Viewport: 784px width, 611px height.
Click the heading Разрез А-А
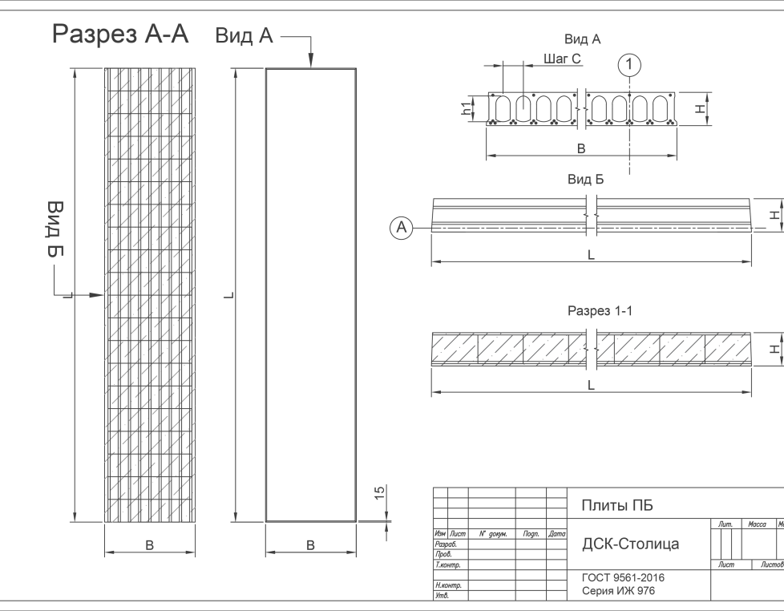(x=120, y=34)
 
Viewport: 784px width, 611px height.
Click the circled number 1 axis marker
(x=631, y=63)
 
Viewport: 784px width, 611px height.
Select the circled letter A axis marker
(x=402, y=229)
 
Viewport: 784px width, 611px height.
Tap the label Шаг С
(x=562, y=59)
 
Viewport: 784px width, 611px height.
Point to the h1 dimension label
(x=467, y=108)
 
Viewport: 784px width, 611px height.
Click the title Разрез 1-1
(x=600, y=310)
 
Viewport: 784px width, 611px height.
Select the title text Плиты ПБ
(x=616, y=505)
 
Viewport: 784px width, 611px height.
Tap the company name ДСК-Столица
(x=629, y=544)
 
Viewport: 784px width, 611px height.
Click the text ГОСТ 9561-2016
(x=622, y=577)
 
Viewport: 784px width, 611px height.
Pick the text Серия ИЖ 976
(x=618, y=591)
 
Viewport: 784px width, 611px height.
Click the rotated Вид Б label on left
(x=55, y=229)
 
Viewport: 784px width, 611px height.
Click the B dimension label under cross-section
(x=581, y=148)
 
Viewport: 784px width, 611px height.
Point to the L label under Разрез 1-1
(x=591, y=385)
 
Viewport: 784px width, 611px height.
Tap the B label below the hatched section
(x=149, y=544)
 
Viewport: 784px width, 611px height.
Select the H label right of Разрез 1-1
(x=773, y=349)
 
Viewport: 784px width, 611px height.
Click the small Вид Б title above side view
(x=585, y=180)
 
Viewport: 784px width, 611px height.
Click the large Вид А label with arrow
(x=244, y=36)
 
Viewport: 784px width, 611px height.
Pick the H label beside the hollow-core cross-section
(x=700, y=108)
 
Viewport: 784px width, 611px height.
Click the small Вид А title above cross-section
(x=583, y=38)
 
